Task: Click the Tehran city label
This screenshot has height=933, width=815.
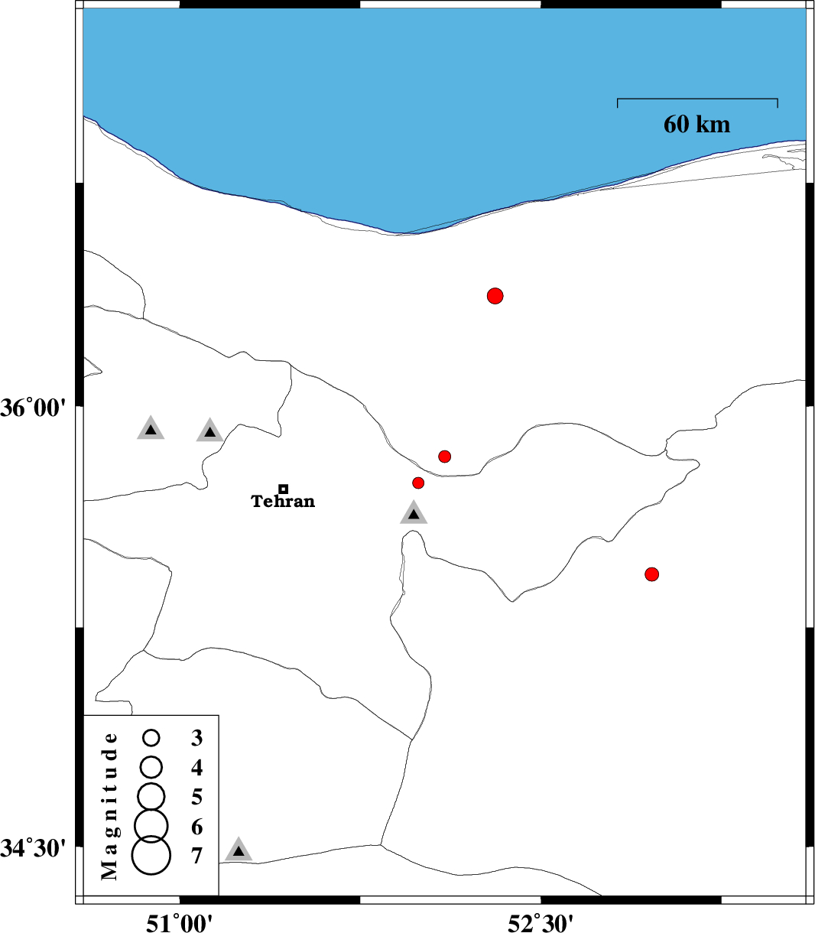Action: [283, 501]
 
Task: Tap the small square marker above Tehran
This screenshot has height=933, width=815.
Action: [283, 489]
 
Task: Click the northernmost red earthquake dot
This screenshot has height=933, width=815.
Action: [495, 296]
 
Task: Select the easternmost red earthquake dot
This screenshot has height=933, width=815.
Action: [652, 574]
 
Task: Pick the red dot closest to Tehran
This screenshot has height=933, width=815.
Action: [418, 483]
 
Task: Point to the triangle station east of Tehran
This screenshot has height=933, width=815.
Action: [414, 513]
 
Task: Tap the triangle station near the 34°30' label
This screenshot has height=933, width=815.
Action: [239, 850]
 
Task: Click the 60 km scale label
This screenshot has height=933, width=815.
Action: [696, 125]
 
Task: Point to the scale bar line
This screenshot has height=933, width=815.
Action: [697, 99]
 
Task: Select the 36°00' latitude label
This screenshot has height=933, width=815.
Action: [34, 407]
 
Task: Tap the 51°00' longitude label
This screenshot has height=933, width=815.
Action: [179, 922]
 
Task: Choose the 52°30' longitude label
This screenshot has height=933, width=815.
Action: [540, 922]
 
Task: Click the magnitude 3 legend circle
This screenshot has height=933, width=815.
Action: [151, 738]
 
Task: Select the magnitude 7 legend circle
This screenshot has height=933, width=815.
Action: [151, 855]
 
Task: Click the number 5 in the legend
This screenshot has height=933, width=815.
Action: [197, 797]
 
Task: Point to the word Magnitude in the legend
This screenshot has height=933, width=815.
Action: [109, 806]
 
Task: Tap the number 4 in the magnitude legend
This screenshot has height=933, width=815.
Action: [197, 768]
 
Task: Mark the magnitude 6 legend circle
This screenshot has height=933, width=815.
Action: [151, 825]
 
